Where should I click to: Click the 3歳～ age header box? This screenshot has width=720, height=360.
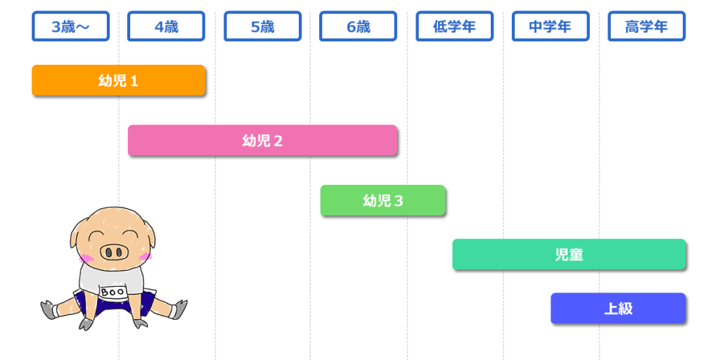click(70, 27)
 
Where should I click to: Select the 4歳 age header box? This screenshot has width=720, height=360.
click(166, 27)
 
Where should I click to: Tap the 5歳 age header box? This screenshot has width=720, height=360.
click(262, 27)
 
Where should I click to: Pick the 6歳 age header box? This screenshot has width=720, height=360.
click(358, 27)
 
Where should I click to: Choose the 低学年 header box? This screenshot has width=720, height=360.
click(454, 27)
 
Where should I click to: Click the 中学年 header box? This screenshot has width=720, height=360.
click(550, 27)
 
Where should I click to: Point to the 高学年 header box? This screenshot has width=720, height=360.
click(646, 27)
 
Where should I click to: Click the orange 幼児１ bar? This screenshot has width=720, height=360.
click(118, 80)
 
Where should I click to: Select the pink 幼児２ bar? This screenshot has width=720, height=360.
click(262, 140)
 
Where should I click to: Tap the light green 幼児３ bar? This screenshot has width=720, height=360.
click(382, 200)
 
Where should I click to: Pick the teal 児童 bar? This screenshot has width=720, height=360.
click(569, 255)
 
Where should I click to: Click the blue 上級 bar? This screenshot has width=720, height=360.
click(618, 308)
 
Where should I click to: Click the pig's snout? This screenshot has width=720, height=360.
click(113, 251)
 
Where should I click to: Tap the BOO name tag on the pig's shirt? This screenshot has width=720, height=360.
click(112, 291)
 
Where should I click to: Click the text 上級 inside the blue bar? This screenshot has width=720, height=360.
click(618, 308)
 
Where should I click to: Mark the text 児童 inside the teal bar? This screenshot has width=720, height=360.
click(569, 255)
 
